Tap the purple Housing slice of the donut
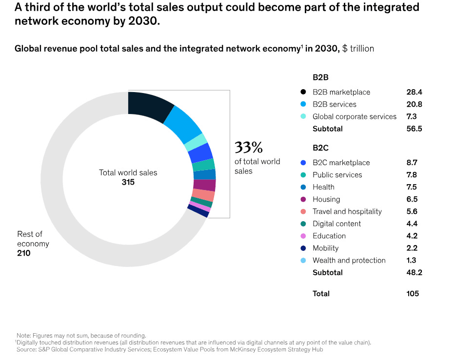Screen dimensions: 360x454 tap(204, 185)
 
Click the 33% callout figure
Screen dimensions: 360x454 tap(249, 147)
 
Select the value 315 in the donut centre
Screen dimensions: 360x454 tap(128, 182)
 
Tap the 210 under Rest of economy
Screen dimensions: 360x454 tap(24, 253)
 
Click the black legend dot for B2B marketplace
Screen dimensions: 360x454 tap(303, 92)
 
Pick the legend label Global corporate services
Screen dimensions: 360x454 tap(355, 116)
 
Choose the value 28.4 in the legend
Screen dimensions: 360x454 tap(414, 92)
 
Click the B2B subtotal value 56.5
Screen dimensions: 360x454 tap(414, 129)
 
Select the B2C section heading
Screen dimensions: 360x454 tap(321, 148)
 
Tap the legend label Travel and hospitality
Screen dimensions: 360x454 tap(347, 211)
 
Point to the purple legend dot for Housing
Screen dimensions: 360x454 tap(303, 199)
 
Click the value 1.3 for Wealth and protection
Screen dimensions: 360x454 tap(412, 260)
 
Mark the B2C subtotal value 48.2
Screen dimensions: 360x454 tap(414, 272)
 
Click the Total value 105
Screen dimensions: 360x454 tap(412, 293)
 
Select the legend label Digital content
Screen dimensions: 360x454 tap(337, 224)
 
